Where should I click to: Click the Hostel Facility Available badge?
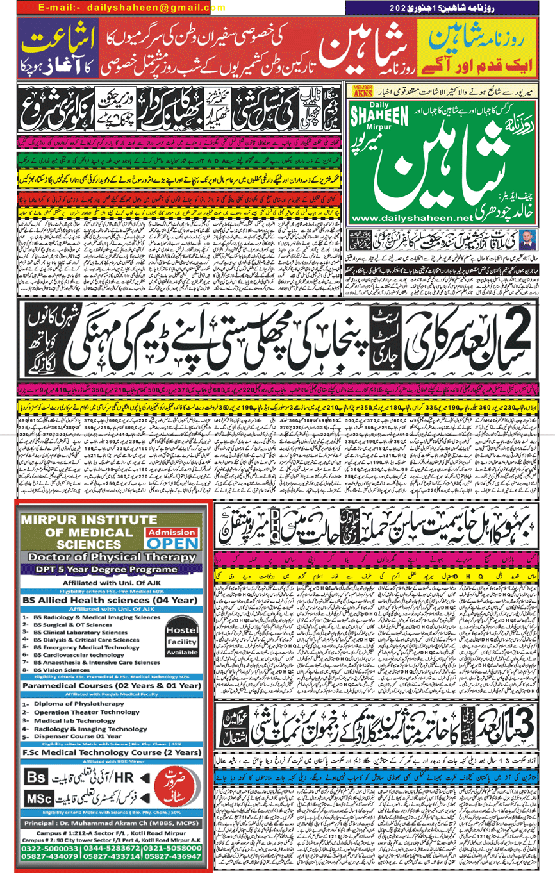click(181, 641)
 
